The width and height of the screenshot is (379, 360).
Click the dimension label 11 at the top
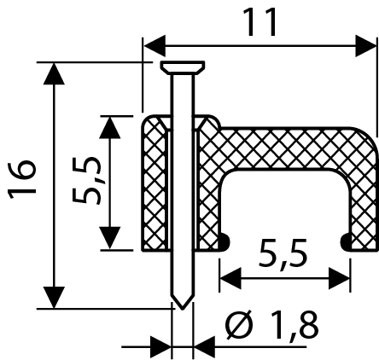(x=261, y=22)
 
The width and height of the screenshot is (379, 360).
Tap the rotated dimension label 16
(x=22, y=180)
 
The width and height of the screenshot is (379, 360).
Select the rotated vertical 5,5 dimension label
(x=87, y=181)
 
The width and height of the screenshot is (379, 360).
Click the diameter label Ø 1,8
(x=271, y=324)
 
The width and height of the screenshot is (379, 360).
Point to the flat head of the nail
(x=183, y=67)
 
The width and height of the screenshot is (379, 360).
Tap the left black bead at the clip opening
(x=224, y=242)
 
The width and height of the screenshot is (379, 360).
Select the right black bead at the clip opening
(x=347, y=242)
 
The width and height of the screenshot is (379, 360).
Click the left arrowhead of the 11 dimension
(x=155, y=46)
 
